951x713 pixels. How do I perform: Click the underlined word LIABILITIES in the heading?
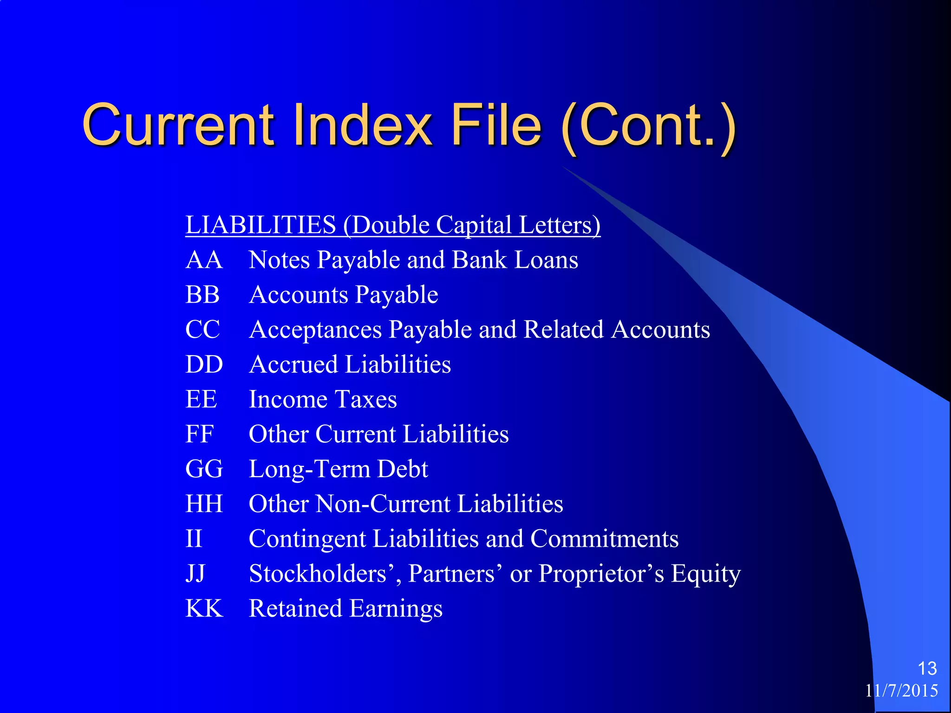click(x=261, y=225)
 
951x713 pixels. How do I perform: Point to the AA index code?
click(x=204, y=260)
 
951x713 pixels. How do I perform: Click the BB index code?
click(x=202, y=295)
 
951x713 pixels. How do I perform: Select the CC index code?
click(x=202, y=330)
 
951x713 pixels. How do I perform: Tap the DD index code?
click(x=204, y=364)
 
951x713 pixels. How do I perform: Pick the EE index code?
click(x=201, y=399)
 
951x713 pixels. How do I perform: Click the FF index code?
click(x=199, y=434)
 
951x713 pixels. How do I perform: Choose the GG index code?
click(x=204, y=469)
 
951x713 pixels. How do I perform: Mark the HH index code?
click(x=204, y=504)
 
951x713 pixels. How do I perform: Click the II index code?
click(x=194, y=538)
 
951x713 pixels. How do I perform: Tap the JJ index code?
click(x=195, y=574)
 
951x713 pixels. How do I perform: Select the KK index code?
click(x=204, y=609)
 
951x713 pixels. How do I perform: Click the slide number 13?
click(x=927, y=668)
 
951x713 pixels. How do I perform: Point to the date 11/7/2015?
click(x=901, y=691)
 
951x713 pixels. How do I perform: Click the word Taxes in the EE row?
click(x=366, y=399)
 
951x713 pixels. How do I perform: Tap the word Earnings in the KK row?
click(x=396, y=609)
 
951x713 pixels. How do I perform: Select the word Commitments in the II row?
click(x=604, y=538)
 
